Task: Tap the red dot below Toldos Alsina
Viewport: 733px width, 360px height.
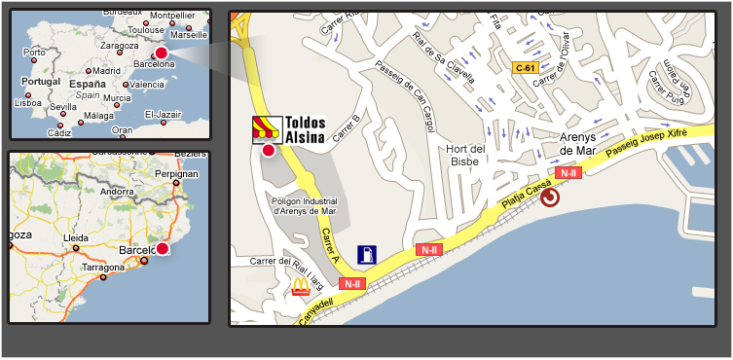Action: pyautogui.click(x=268, y=150)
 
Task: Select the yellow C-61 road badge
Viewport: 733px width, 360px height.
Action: pyautogui.click(x=526, y=67)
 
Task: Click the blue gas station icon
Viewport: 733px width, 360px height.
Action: pyautogui.click(x=367, y=255)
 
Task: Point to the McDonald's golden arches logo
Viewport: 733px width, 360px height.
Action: pyautogui.click(x=300, y=286)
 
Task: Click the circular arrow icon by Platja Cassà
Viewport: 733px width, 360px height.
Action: pyautogui.click(x=550, y=198)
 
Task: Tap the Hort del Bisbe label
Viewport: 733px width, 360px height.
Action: pyautogui.click(x=464, y=156)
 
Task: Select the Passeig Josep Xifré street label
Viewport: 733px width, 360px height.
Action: pyautogui.click(x=646, y=144)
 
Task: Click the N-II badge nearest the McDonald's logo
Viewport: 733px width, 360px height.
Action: pyautogui.click(x=351, y=283)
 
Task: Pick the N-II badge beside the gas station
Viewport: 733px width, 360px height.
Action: pyautogui.click(x=428, y=250)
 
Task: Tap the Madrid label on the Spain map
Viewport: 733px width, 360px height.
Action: pyautogui.click(x=105, y=70)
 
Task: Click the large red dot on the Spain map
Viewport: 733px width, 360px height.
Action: pyautogui.click(x=162, y=53)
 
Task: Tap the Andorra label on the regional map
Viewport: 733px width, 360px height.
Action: pyautogui.click(x=118, y=192)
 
